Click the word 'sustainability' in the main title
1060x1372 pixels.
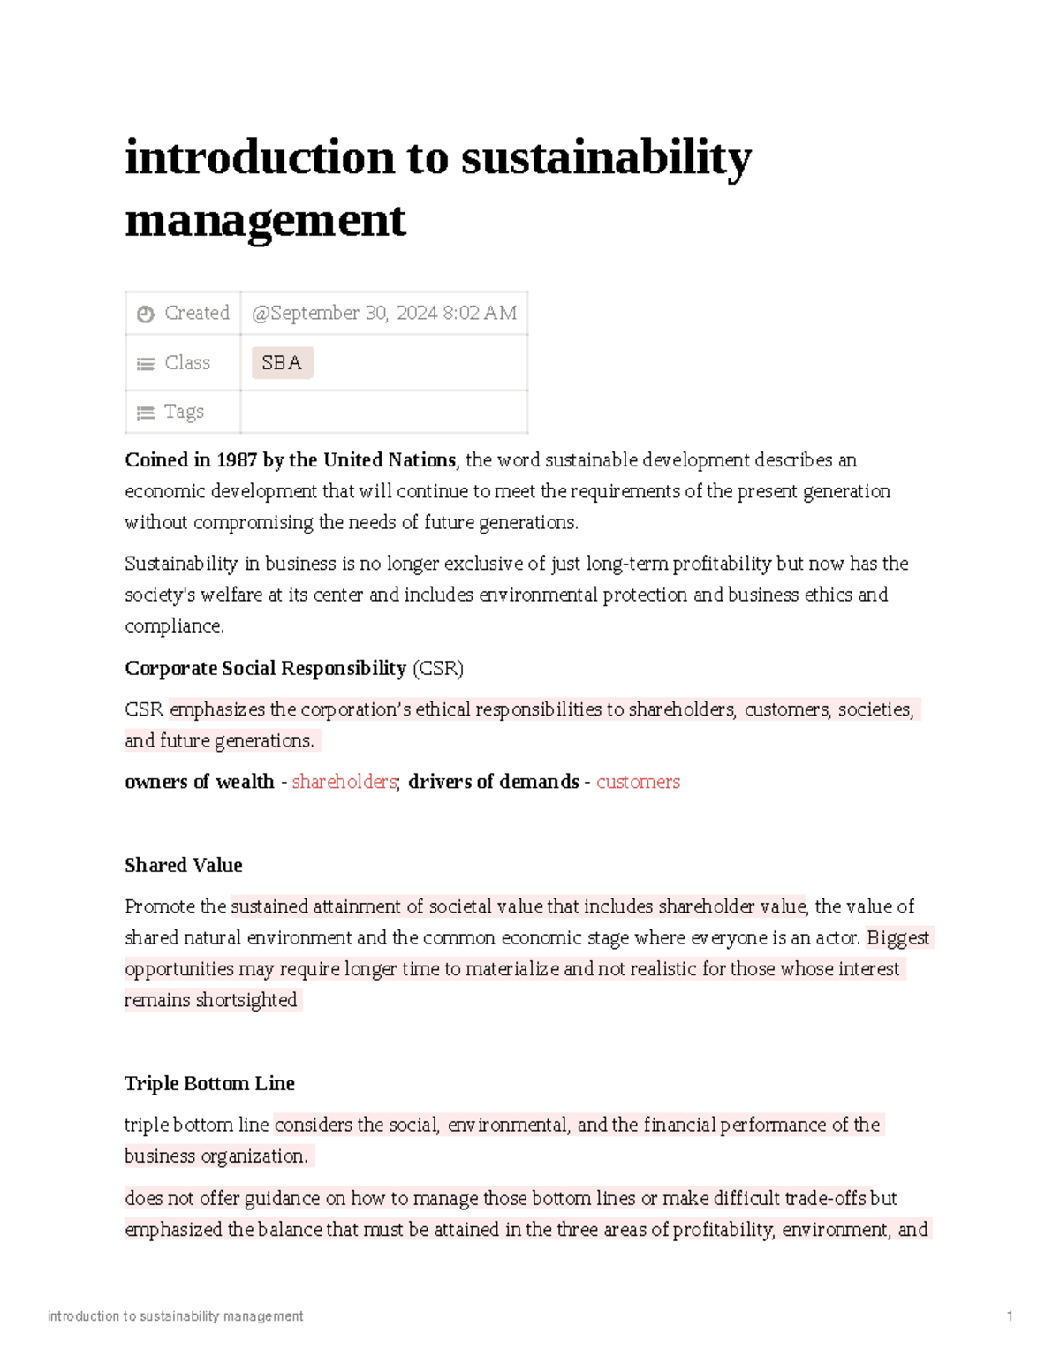coord(606,159)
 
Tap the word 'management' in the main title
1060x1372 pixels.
coord(265,220)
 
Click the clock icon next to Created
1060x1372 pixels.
coord(146,314)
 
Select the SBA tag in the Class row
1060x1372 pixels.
coord(282,363)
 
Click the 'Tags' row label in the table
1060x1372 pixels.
coord(184,412)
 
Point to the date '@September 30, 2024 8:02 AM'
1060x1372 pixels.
coord(384,313)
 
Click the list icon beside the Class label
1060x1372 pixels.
coord(146,364)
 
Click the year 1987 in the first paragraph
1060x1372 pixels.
coord(237,460)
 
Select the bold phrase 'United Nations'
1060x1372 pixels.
coord(389,460)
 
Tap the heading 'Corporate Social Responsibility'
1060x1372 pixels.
coord(265,669)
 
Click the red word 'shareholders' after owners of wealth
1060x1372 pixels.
coord(344,782)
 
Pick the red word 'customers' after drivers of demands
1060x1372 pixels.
coord(638,782)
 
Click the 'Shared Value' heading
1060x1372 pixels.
coord(183,866)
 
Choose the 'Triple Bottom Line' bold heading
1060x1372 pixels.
coord(209,1084)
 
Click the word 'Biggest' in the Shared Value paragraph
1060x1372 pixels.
coord(897,938)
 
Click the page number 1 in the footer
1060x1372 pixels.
coord(1010,1316)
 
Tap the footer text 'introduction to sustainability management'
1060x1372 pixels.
coord(175,1316)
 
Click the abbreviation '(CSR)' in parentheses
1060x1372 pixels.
coord(437,669)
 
